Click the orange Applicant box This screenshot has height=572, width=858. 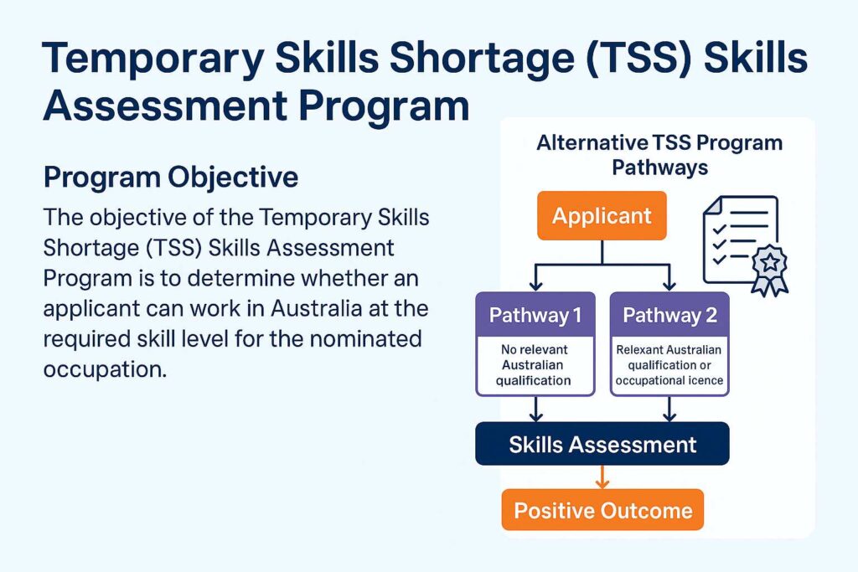click(602, 216)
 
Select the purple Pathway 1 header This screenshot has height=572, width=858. click(535, 315)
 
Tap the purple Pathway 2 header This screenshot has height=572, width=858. click(669, 315)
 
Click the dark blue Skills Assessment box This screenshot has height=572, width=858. click(602, 444)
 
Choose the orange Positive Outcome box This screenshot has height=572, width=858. click(602, 510)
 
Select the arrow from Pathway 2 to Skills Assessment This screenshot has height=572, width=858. click(669, 410)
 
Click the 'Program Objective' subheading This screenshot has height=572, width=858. click(170, 178)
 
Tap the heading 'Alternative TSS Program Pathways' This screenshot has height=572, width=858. click(659, 154)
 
